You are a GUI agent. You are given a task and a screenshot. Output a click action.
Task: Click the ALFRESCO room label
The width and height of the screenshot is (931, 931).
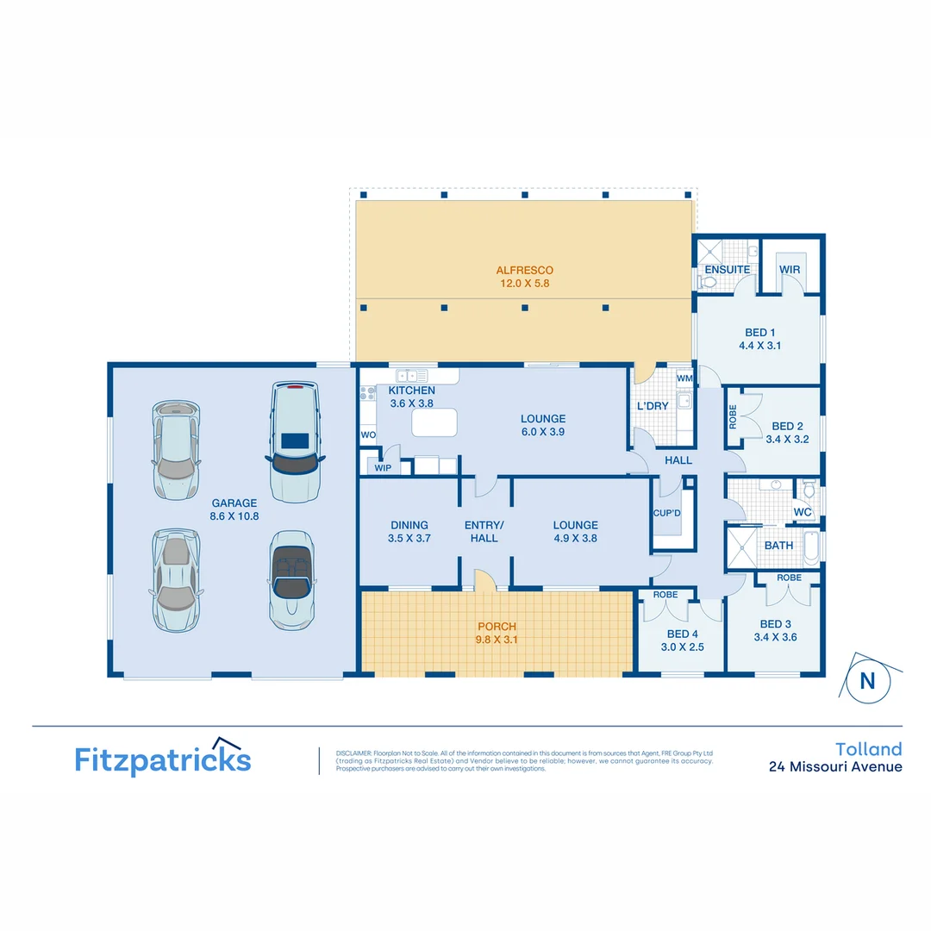point(524,270)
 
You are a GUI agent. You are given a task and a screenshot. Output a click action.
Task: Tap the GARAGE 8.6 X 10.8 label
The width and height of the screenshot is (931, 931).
point(234,509)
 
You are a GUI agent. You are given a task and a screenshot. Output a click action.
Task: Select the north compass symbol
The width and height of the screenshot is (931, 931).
point(867,680)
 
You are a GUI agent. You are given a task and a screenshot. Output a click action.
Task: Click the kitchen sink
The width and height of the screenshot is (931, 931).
point(412,375)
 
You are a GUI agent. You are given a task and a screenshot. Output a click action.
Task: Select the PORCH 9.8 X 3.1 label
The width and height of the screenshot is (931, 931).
point(497,633)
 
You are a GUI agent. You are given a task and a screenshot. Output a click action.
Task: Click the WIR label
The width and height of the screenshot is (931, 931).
point(790,270)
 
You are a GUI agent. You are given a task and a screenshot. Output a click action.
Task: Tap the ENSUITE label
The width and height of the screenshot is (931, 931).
point(728,270)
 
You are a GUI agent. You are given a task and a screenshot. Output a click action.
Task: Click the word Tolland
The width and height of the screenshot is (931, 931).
point(869,748)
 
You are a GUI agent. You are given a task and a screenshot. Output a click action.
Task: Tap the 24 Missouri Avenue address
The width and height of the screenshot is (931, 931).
point(835,766)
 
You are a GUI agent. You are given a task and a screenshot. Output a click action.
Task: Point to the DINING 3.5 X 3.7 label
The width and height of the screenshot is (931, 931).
point(409,531)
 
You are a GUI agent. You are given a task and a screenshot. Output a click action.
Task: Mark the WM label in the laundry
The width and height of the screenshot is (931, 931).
point(684,378)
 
